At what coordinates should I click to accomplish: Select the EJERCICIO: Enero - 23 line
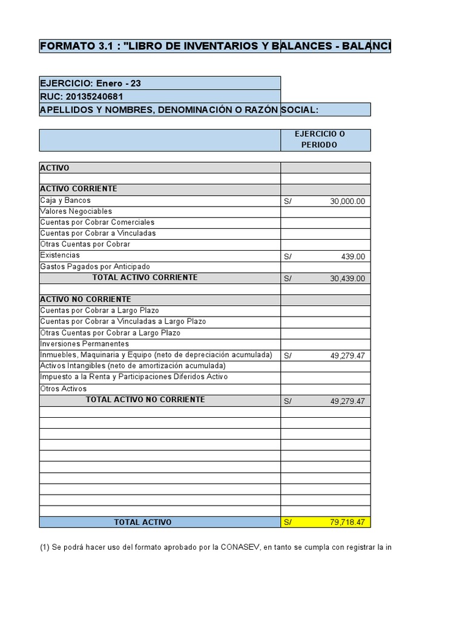(x=90, y=83)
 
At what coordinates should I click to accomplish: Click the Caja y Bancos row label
(x=65, y=200)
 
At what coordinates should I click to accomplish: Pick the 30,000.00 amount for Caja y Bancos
(x=347, y=202)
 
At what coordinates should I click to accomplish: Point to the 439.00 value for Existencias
(x=352, y=257)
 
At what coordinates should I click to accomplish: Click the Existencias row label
(x=60, y=256)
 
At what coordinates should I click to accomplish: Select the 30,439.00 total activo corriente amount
(x=347, y=279)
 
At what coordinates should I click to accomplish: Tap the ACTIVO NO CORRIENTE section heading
(x=85, y=300)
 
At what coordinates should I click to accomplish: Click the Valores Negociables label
(x=76, y=211)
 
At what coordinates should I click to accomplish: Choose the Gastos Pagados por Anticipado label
(x=95, y=266)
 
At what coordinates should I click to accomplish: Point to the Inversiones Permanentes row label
(x=84, y=344)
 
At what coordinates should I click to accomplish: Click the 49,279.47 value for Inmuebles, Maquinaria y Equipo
(x=347, y=356)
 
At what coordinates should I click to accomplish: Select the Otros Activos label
(x=64, y=389)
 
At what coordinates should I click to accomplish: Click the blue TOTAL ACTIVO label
(x=143, y=522)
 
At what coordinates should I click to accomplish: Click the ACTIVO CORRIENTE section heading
(x=79, y=189)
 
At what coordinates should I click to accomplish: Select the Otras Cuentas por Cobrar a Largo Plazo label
(x=110, y=333)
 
